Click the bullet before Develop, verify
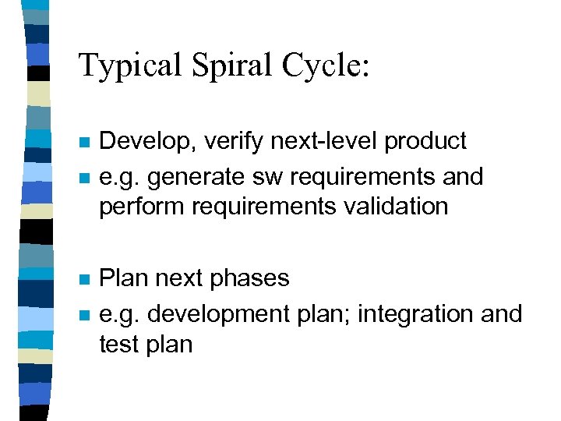[85, 143]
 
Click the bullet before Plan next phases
[85, 279]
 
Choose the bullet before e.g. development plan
[85, 315]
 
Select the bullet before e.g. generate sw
[85, 179]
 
